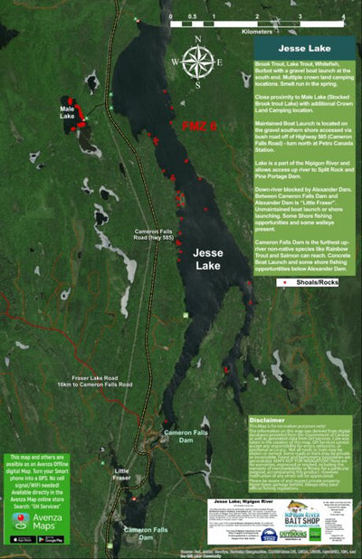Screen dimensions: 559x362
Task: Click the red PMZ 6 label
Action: [x=199, y=125]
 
